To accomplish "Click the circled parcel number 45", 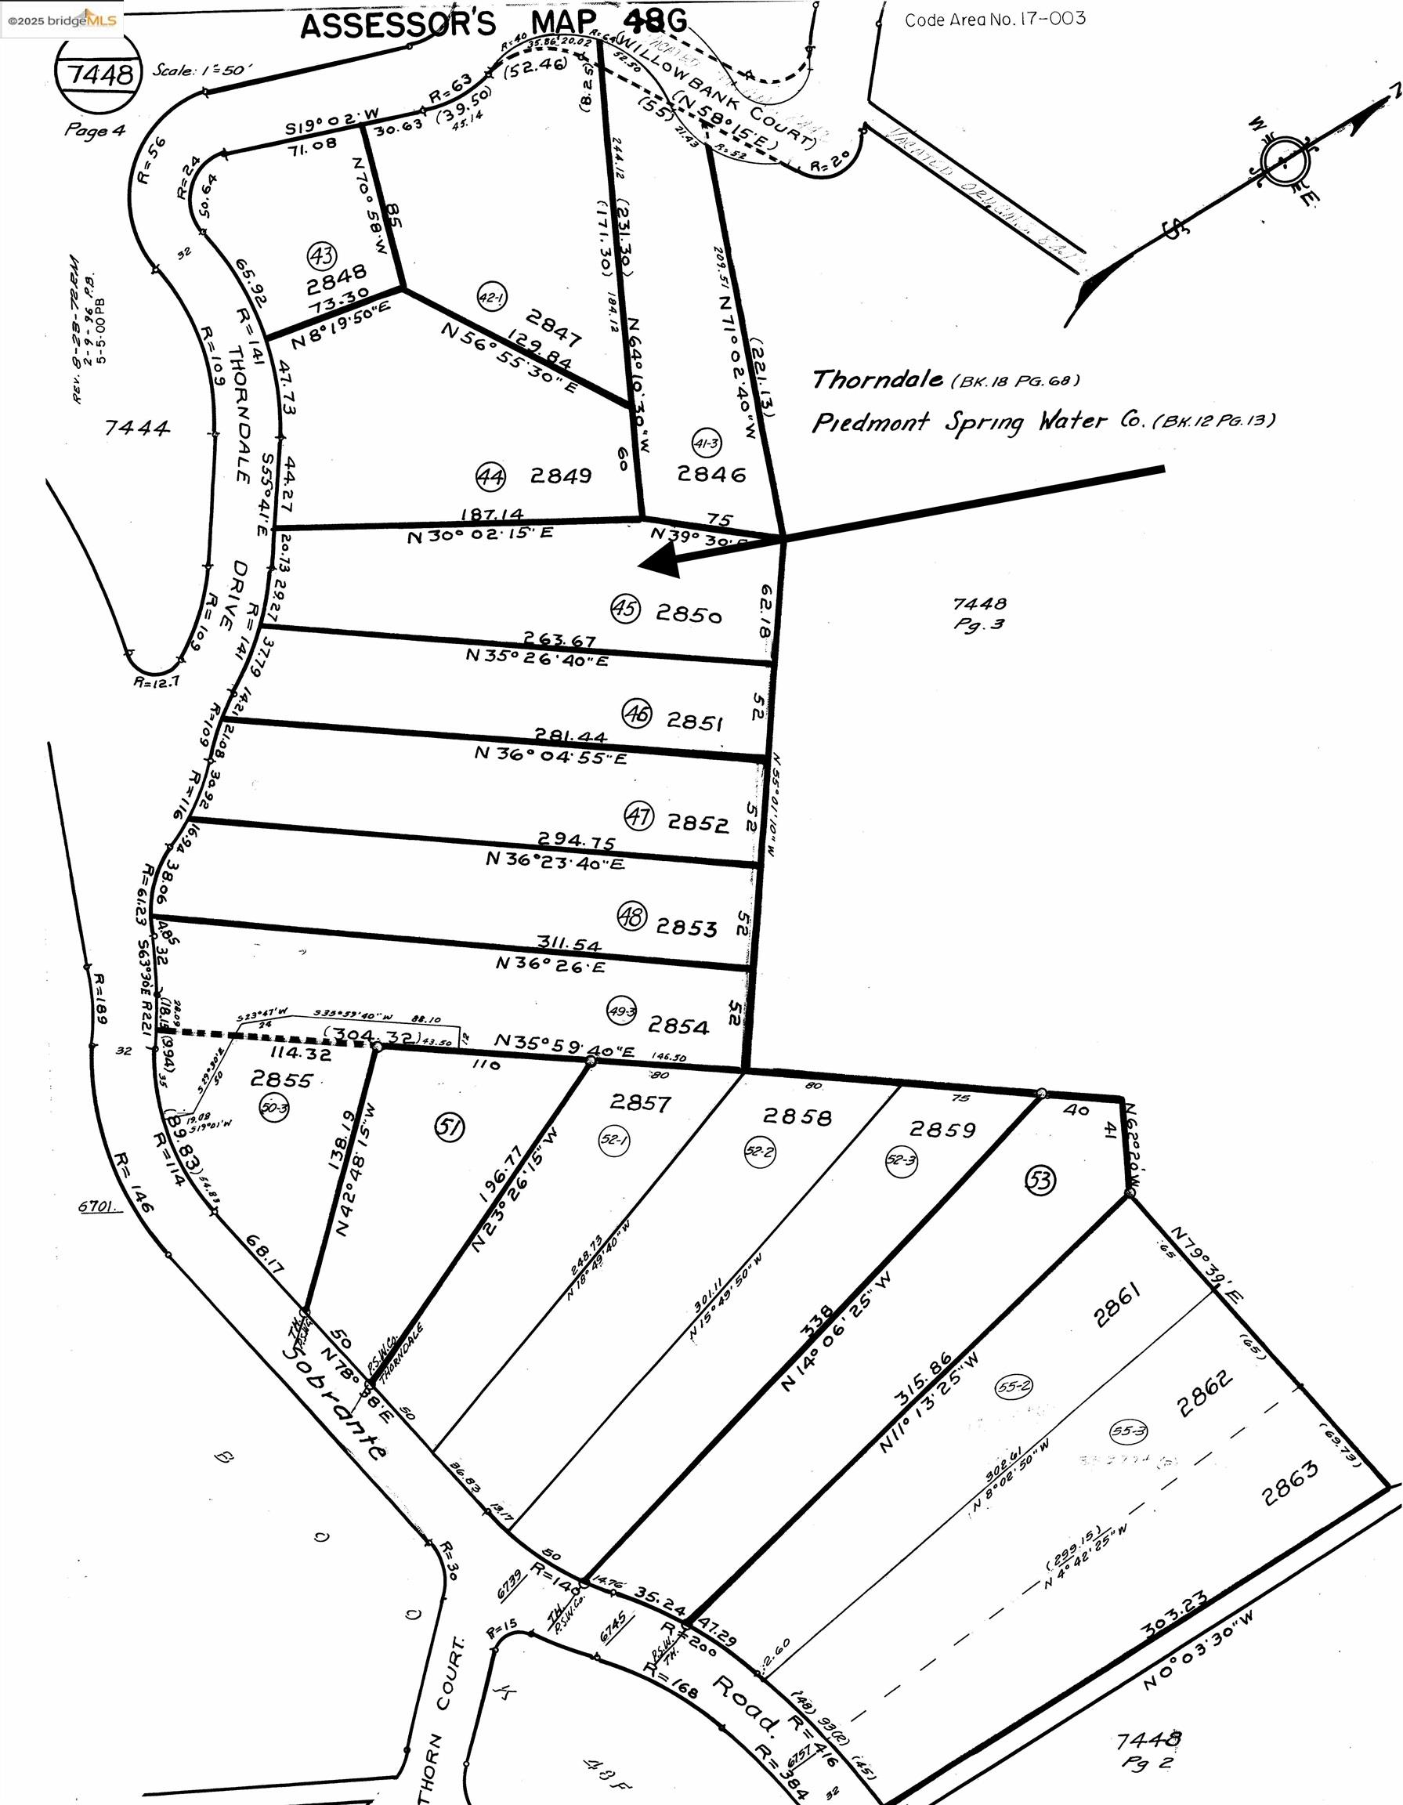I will point(625,609).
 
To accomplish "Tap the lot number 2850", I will point(689,614).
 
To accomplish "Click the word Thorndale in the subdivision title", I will point(877,379).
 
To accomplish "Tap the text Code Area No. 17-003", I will point(995,19).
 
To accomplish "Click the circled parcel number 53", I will point(1040,1179).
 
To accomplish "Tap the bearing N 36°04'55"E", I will point(550,754).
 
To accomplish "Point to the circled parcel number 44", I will point(490,476).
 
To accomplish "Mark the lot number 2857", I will point(640,1102).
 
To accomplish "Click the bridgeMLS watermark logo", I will point(62,19).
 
